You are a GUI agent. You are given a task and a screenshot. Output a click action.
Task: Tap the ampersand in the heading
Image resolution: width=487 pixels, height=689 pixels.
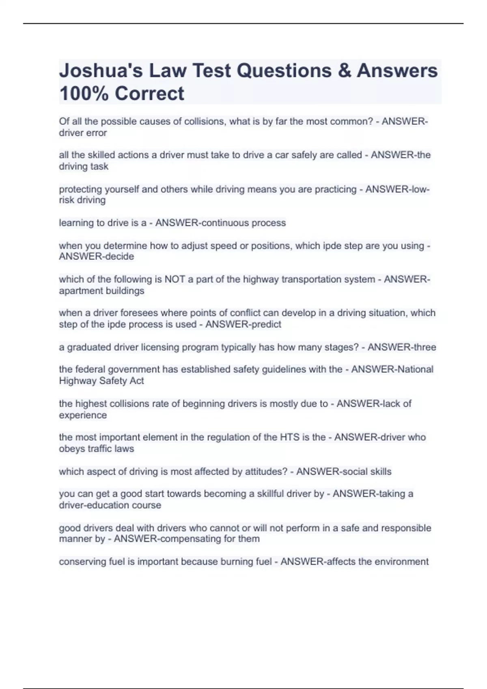coord(344,71)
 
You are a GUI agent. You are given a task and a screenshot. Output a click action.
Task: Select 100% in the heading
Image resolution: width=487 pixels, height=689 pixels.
coord(84,94)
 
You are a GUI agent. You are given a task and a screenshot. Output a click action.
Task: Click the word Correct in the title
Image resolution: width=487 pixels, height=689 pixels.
coord(149,94)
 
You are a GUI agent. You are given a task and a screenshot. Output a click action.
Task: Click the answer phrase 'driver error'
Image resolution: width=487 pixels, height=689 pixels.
coord(83,133)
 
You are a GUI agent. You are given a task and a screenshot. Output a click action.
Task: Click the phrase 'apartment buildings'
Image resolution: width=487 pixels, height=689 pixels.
coord(101,291)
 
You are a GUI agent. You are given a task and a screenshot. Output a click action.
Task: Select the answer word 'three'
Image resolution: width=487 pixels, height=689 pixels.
coord(425,347)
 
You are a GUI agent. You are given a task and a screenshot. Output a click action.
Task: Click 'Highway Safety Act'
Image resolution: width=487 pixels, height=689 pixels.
coord(101,381)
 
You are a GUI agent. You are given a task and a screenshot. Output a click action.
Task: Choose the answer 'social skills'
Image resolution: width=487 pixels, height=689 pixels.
coord(366,472)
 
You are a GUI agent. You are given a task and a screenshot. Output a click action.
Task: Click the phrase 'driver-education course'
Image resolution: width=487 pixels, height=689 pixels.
coord(110,505)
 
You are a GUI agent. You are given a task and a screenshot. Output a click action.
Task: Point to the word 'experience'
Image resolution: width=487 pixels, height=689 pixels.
coord(83,415)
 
